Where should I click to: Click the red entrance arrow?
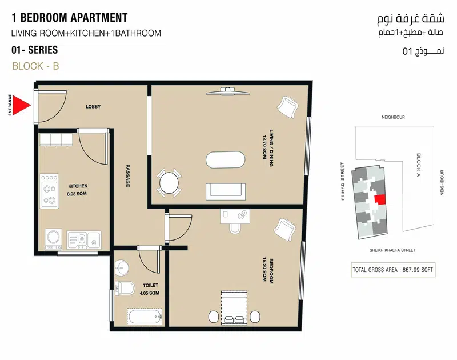[x=21, y=105]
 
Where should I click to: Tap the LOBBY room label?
[x=93, y=107]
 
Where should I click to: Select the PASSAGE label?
[x=127, y=175]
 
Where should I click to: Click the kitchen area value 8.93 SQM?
[x=77, y=194]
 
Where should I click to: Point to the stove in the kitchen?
[x=50, y=191]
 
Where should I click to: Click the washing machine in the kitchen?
[x=53, y=239]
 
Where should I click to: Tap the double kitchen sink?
[x=84, y=239]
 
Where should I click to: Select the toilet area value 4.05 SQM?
[x=149, y=293]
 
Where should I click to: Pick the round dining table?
[x=169, y=183]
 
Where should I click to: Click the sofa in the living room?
[x=226, y=191]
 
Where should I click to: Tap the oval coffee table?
[x=226, y=160]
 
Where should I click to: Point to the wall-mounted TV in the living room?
[x=228, y=91]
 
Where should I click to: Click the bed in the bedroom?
[x=234, y=307]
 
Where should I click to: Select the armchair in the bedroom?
[x=285, y=230]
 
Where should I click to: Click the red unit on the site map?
[x=380, y=199]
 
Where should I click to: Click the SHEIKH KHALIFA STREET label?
[x=392, y=250]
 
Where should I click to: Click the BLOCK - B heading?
[x=35, y=66]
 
